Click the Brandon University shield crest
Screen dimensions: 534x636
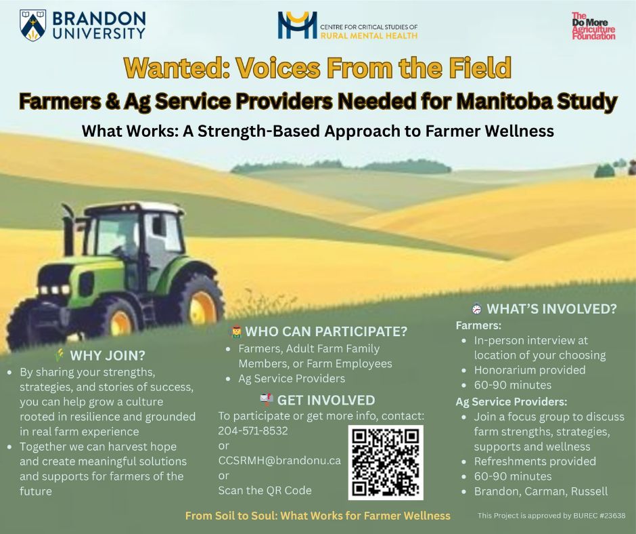click(x=33, y=25)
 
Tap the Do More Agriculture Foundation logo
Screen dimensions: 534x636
click(x=593, y=26)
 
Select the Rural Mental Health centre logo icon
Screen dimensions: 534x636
click(x=297, y=25)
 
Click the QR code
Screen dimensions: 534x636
click(x=386, y=462)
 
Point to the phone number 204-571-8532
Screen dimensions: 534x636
click(x=252, y=430)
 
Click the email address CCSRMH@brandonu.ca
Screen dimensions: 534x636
click(x=279, y=460)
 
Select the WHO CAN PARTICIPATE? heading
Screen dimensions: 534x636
click(x=325, y=331)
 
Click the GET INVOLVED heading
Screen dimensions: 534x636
click(x=325, y=400)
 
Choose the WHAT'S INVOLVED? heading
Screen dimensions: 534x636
click(x=551, y=309)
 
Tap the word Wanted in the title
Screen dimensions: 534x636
click(x=170, y=68)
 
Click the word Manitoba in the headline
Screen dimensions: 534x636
click(x=512, y=102)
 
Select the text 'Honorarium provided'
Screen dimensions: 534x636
click(x=530, y=370)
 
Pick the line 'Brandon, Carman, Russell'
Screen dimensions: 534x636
click(x=541, y=491)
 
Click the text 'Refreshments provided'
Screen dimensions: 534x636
click(x=535, y=461)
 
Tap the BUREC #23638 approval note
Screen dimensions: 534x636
click(x=551, y=516)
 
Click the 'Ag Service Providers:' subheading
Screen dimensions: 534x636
click(x=512, y=401)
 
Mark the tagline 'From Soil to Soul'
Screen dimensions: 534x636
click(x=230, y=516)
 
